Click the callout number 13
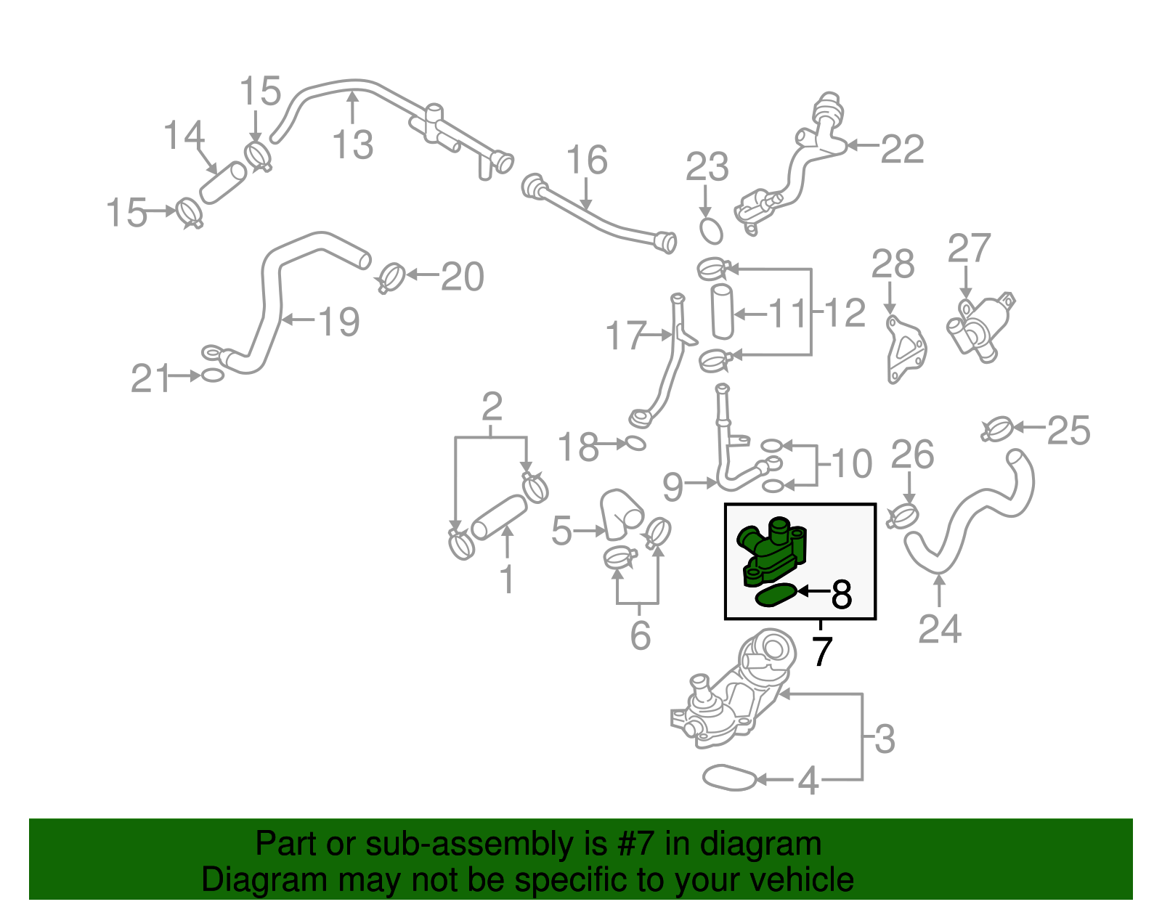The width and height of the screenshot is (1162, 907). tap(352, 145)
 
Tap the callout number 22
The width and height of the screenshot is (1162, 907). tap(902, 149)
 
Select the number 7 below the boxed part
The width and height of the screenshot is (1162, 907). tap(822, 651)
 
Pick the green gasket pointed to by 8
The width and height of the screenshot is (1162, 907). tap(776, 595)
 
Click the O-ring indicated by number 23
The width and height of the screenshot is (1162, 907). tap(711, 231)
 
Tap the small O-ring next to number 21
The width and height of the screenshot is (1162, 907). tap(212, 375)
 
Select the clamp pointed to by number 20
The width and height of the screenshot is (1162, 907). tap(391, 278)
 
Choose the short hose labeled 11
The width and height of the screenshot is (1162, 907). tap(723, 312)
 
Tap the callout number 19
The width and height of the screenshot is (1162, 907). tap(339, 322)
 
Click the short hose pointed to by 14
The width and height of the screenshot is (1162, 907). tap(223, 183)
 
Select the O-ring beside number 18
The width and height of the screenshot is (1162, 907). tap(635, 443)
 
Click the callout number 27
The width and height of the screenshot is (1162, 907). tap(969, 248)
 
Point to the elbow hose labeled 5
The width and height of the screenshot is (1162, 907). tap(622, 514)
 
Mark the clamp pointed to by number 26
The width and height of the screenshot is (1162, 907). tap(902, 516)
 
